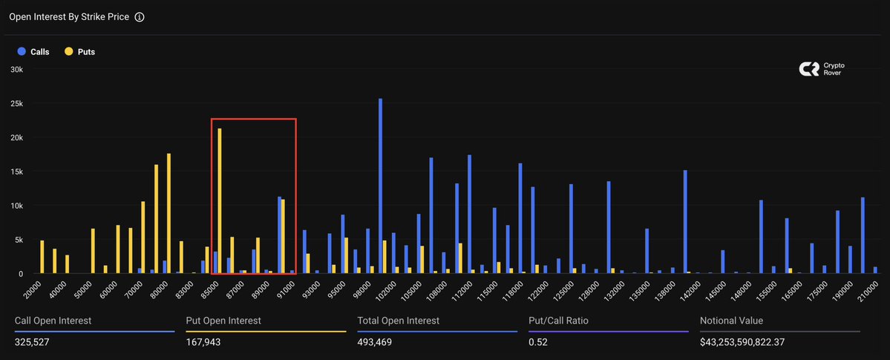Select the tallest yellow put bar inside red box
(x=220, y=200)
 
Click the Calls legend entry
(x=33, y=52)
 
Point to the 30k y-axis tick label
(x=16, y=69)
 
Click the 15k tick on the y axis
(x=16, y=171)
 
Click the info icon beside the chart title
(x=140, y=16)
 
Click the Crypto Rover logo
(x=822, y=69)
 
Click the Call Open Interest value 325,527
(x=35, y=342)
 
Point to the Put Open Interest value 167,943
(x=203, y=342)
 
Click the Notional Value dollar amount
(x=753, y=342)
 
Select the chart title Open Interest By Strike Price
(x=69, y=16)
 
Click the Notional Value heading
(x=731, y=321)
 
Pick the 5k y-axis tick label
(x=19, y=240)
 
